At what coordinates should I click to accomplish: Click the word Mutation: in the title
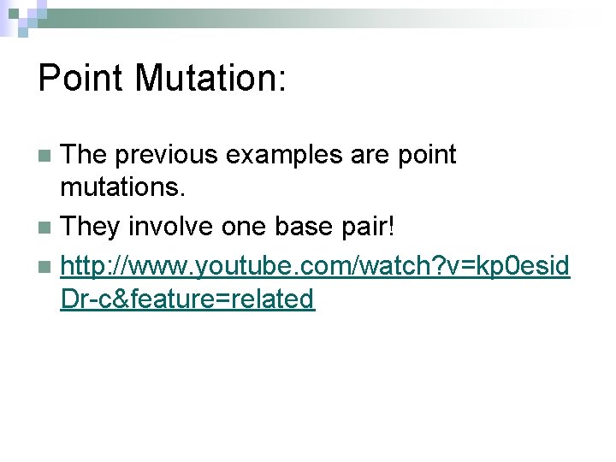coord(211,79)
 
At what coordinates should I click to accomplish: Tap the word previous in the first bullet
coord(168,155)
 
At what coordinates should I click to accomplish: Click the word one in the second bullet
coord(243,227)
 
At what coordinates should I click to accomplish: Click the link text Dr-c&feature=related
coord(187,299)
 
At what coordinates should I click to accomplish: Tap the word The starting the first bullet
coord(86,155)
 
